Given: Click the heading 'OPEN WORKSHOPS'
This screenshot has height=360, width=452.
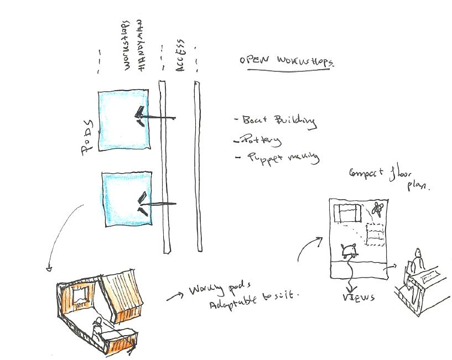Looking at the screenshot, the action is (287, 61).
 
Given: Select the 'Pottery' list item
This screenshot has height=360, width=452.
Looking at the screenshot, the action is (260, 140).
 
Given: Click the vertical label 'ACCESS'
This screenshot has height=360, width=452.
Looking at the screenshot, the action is (181, 55).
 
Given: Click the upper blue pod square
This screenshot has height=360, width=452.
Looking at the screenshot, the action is (123, 119).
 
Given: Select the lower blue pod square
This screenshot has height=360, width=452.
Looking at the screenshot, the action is (127, 199).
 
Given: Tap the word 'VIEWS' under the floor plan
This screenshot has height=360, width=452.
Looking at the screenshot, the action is (358, 298).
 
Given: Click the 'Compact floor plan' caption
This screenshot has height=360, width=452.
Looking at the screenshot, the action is (388, 178).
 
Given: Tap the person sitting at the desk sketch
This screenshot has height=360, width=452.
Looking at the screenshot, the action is (417, 260).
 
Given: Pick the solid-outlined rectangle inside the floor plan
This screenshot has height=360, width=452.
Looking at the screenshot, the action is (347, 213).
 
